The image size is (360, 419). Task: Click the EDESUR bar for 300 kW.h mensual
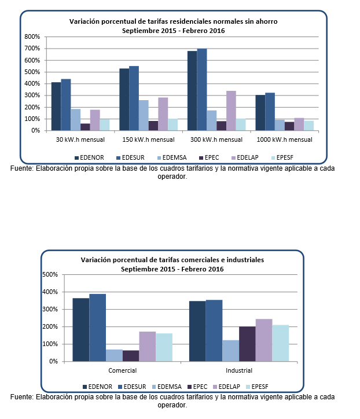coord(202,90)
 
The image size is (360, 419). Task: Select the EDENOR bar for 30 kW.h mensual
coord(56,106)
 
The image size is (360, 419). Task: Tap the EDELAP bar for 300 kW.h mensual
coord(230,111)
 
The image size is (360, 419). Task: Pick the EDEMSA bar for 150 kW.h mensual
coord(144,115)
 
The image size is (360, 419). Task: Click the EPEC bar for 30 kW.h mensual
coord(85,127)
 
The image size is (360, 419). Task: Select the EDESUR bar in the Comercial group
coord(97,328)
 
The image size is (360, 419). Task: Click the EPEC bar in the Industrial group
coord(247,344)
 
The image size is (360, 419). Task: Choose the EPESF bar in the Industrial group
coord(280,343)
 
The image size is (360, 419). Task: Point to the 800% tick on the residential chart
coord(32,36)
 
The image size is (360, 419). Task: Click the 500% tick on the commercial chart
coord(50,274)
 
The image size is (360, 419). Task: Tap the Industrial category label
coord(238,370)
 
